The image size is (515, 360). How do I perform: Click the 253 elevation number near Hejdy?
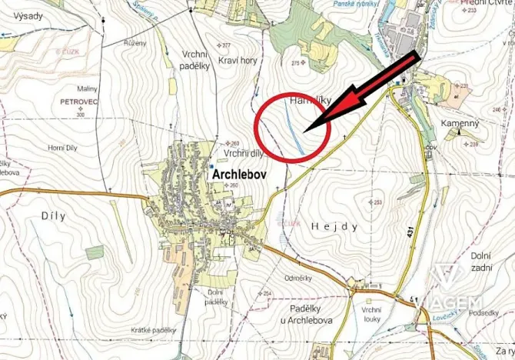pos(377,202)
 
